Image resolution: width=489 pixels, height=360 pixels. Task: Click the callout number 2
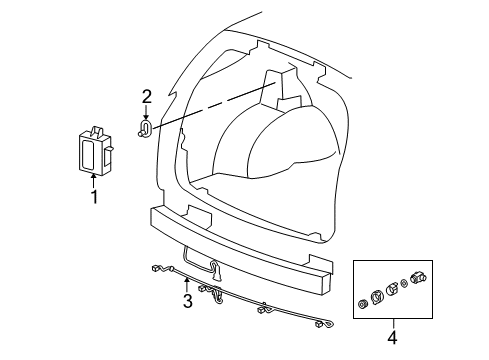(x=146, y=97)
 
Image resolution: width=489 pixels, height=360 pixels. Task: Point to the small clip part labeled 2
(x=146, y=130)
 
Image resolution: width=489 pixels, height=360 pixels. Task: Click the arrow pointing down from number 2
(x=146, y=113)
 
